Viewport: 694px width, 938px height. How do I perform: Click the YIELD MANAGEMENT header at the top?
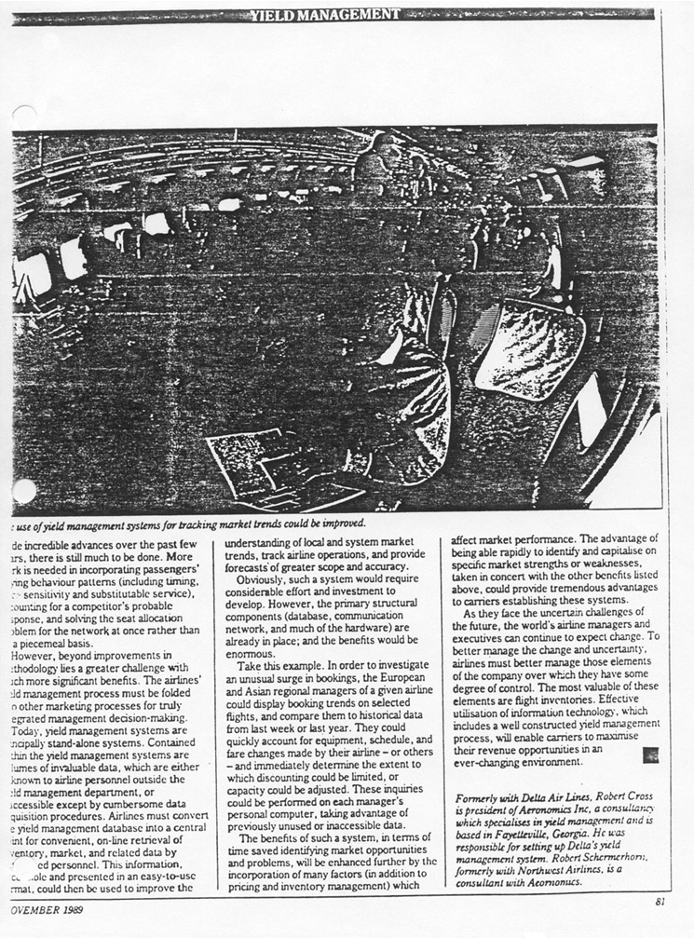pyautogui.click(x=325, y=14)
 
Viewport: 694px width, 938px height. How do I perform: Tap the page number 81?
pyautogui.click(x=660, y=902)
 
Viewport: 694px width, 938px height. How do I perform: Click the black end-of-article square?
pyautogui.click(x=649, y=755)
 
